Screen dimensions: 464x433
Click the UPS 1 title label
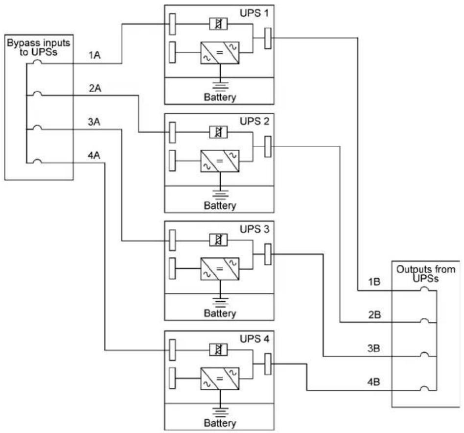(x=254, y=13)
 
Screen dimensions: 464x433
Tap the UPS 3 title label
(x=255, y=229)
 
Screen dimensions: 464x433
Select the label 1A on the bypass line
(x=94, y=55)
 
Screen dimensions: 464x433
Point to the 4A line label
(x=94, y=155)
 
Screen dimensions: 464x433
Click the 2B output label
(x=374, y=314)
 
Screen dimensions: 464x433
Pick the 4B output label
(x=373, y=382)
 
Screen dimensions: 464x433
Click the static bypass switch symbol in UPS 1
(x=218, y=24)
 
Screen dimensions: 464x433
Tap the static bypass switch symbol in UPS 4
(x=218, y=350)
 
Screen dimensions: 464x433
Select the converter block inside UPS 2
(x=220, y=161)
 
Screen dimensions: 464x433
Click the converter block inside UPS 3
(x=220, y=269)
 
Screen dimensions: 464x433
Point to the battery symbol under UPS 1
(x=220, y=86)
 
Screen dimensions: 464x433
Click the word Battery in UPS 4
(x=220, y=423)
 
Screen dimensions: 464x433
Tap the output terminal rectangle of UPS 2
(x=268, y=146)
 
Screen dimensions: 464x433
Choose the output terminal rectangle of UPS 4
(x=268, y=364)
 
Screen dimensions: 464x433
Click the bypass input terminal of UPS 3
(x=172, y=240)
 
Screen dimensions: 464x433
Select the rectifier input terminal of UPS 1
(x=172, y=52)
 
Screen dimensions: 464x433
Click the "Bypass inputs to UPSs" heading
(x=39, y=48)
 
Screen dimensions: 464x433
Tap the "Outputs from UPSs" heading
(x=426, y=274)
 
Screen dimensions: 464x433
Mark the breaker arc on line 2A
(x=37, y=94)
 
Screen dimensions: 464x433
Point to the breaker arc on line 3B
(x=425, y=354)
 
